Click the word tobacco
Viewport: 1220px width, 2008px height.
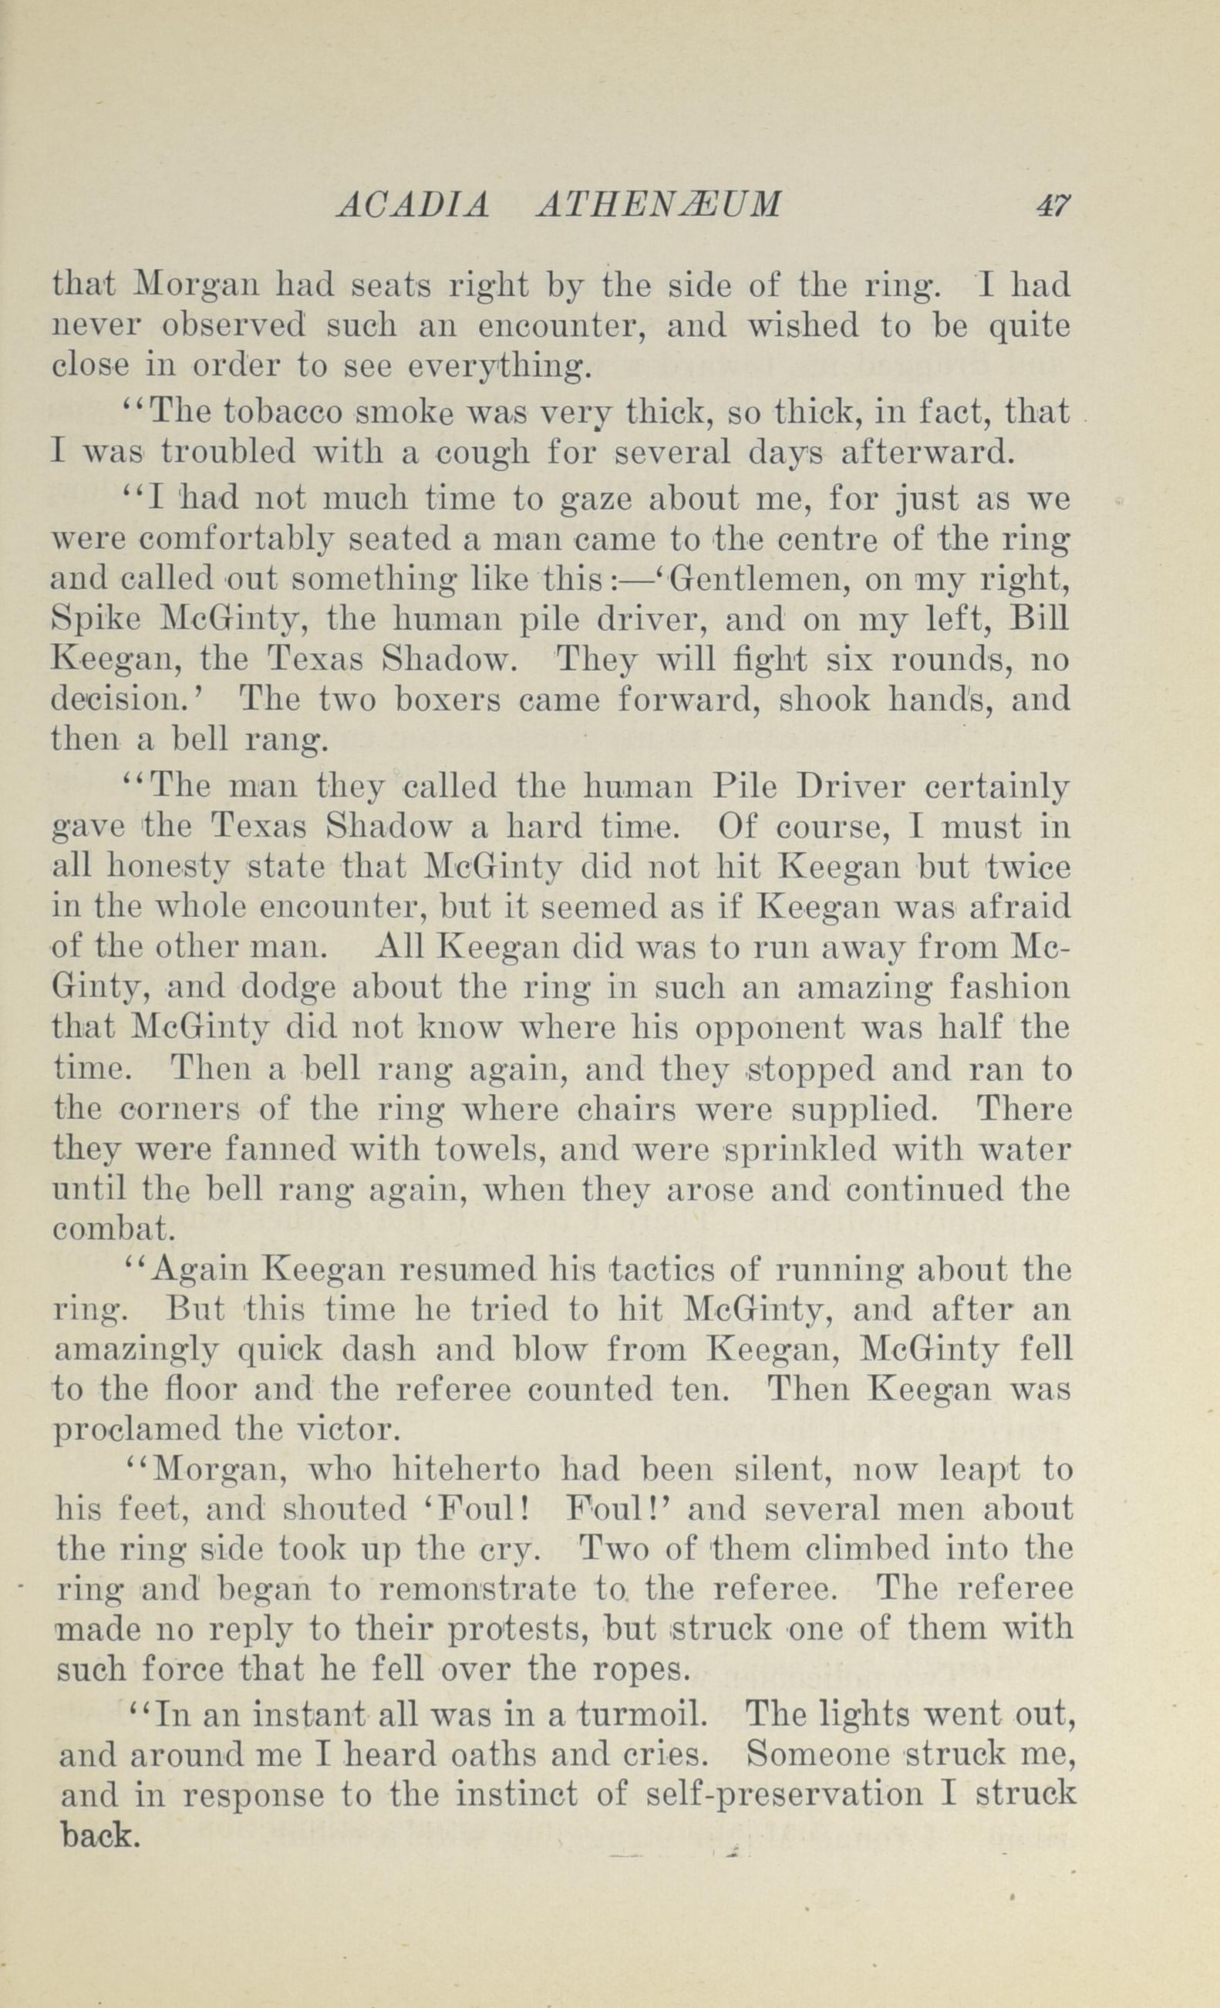click(287, 413)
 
